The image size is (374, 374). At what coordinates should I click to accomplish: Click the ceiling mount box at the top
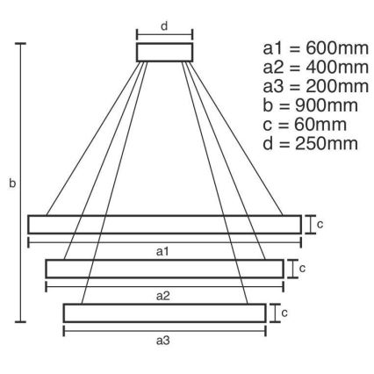pos(164,52)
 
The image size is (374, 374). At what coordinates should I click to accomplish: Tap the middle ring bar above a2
pos(164,269)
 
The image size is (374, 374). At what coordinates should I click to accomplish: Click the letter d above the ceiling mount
pos(164,25)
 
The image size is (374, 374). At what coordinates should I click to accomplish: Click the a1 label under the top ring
pos(163,252)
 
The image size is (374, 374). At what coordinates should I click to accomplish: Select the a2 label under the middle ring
pos(163,297)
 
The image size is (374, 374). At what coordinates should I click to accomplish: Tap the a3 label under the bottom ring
pos(163,340)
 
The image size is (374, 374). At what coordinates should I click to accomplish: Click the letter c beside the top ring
pos(320,224)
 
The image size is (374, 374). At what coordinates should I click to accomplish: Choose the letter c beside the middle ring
pos(303,268)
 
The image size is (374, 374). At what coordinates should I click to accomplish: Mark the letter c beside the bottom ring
pos(285,312)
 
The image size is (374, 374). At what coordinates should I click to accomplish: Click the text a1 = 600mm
pos(309,48)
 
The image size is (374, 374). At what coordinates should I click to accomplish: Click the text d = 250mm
pos(307,143)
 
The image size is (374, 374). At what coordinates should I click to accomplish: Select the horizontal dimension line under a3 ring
pos(163,330)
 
